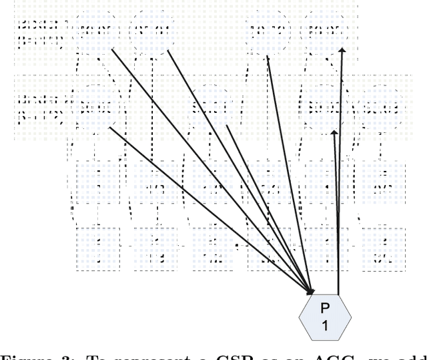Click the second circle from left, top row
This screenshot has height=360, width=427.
click(x=147, y=29)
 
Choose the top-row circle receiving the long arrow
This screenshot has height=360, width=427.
click(x=323, y=29)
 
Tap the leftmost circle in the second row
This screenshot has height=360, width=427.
click(x=94, y=106)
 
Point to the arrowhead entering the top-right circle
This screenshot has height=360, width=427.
click(x=343, y=49)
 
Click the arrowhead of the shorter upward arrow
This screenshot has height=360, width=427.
click(x=336, y=132)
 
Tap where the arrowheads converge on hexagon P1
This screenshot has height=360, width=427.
click(x=311, y=291)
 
